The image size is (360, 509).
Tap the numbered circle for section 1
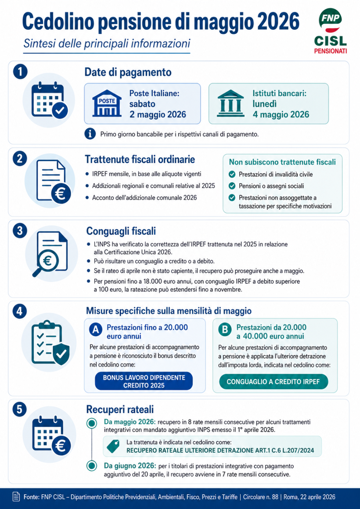point(20,71)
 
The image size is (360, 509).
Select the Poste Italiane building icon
point(107,104)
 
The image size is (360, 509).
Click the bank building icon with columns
point(231,104)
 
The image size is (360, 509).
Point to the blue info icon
point(90,134)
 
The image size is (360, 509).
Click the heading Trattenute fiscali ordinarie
point(140,159)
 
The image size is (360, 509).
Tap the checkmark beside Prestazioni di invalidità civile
point(232,174)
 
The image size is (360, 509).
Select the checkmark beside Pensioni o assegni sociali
point(232,186)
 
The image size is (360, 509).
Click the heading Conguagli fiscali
point(121,231)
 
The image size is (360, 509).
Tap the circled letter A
point(96,330)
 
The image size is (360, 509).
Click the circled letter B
point(225,330)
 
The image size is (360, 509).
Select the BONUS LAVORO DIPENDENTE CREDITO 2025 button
point(144,381)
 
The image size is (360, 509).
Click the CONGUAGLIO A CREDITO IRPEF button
point(273,382)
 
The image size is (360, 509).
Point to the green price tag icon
point(114,446)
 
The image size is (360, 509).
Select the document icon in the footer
point(16,497)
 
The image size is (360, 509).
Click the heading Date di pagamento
point(128,72)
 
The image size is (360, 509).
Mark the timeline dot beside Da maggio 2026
point(91,423)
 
